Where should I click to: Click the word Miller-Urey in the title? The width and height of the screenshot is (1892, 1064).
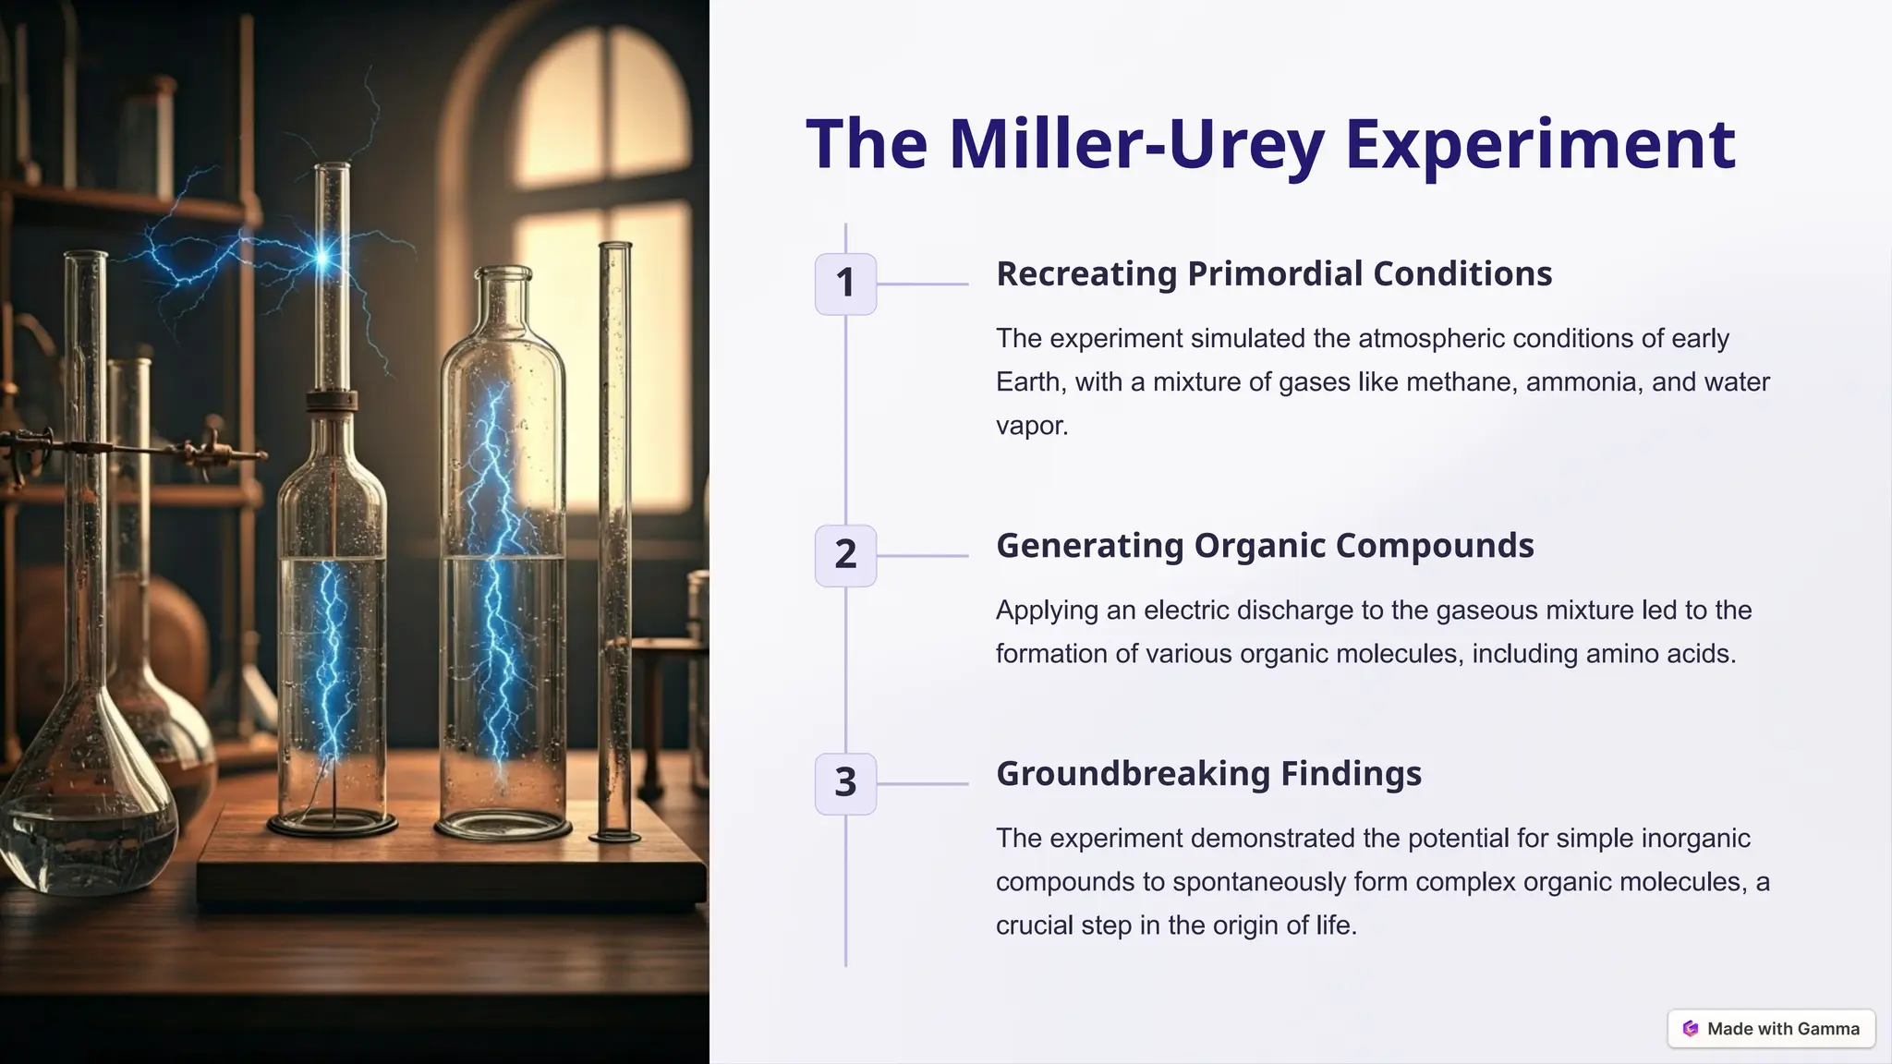coord(1136,145)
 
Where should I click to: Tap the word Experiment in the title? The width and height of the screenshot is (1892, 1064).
coord(1540,145)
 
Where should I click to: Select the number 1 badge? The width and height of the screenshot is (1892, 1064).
coord(845,284)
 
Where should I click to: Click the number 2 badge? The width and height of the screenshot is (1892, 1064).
coord(845,555)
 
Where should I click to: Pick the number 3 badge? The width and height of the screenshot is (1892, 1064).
coord(845,783)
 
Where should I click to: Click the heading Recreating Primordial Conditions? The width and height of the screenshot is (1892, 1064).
coord(1273,274)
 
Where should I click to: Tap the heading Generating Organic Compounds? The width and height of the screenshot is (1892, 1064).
coord(1264,546)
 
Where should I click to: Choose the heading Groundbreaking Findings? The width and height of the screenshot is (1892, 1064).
coord(1208,774)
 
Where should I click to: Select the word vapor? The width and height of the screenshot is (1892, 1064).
coord(1031,426)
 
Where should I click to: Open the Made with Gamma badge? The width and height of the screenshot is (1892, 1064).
coord(1771,1029)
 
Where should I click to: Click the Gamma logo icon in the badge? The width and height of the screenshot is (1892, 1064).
coord(1691,1029)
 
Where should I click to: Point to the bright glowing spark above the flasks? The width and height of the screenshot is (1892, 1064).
coord(322,258)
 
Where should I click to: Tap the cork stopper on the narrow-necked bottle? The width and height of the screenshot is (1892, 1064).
coord(332,401)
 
